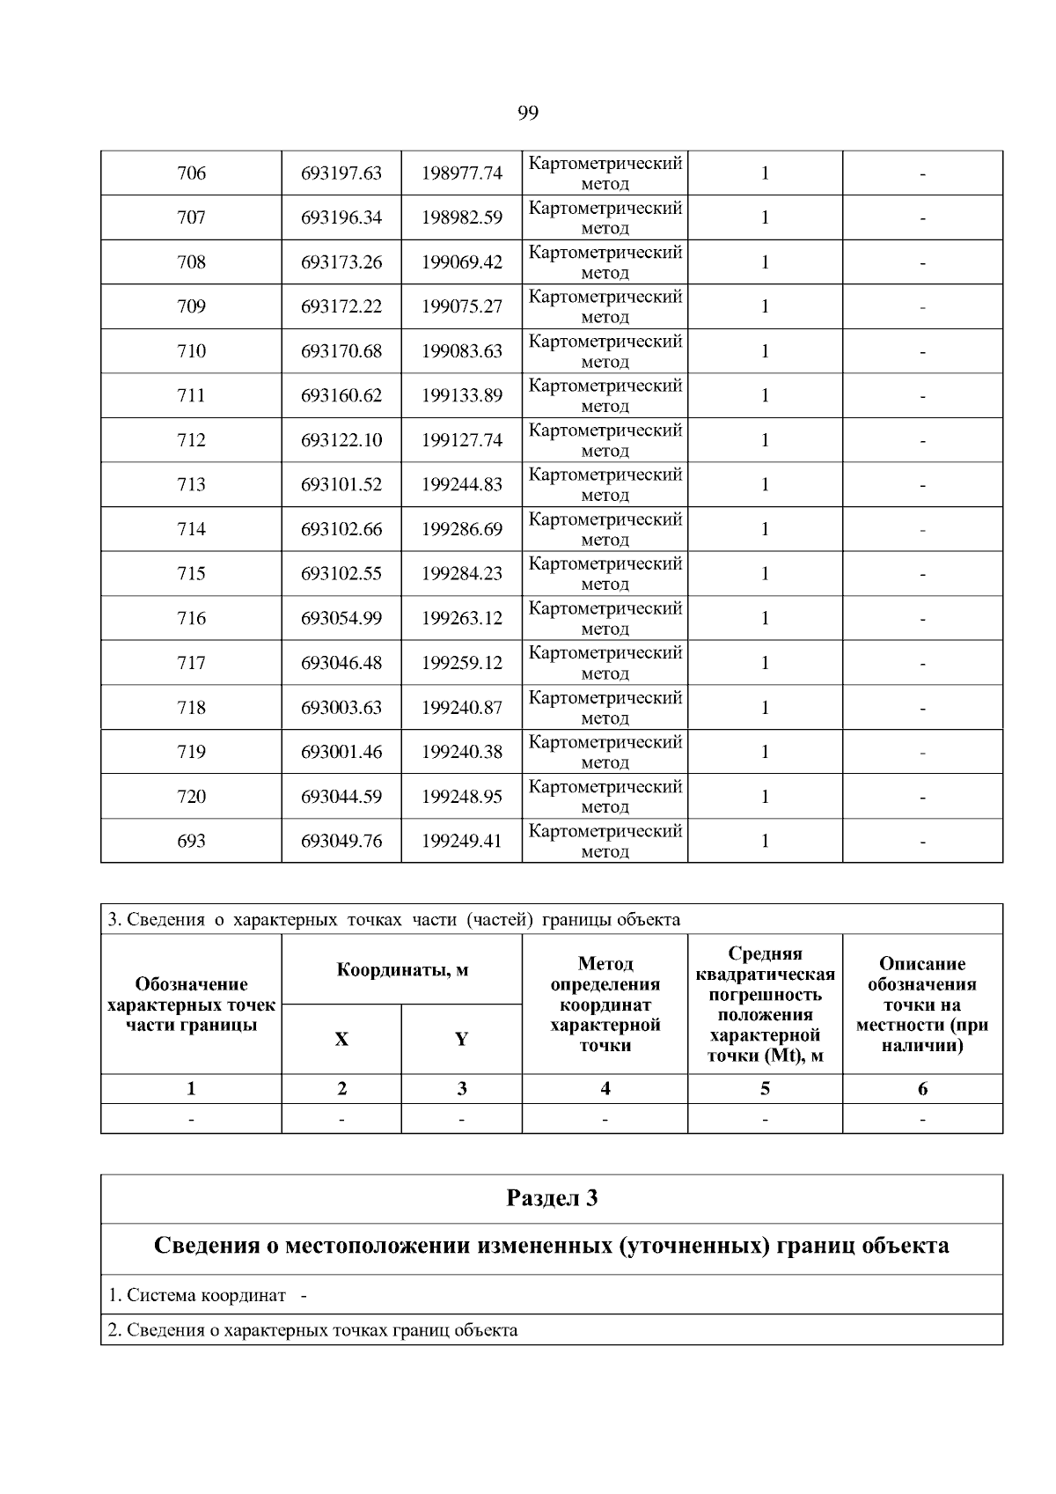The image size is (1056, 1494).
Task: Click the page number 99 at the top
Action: (528, 113)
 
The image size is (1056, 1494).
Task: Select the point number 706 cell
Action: (191, 173)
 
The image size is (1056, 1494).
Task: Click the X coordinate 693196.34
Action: (341, 217)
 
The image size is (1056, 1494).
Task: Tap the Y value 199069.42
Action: (462, 262)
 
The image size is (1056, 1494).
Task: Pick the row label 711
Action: (191, 395)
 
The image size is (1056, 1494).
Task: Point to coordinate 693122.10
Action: (341, 440)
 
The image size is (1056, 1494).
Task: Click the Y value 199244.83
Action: (462, 484)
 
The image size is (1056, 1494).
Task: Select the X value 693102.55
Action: (341, 574)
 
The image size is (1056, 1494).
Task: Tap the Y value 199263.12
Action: (462, 618)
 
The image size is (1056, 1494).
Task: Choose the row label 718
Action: (191, 707)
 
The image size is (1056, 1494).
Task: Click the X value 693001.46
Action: (341, 752)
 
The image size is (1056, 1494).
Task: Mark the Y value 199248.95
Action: (462, 797)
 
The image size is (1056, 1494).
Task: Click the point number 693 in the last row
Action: (191, 841)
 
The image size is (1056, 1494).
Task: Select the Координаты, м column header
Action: (402, 970)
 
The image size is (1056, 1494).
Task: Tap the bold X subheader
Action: (341, 1040)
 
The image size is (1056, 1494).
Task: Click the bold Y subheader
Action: (461, 1040)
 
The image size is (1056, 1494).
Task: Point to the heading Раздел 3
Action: (552, 1198)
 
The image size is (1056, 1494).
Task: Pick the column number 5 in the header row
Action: (765, 1089)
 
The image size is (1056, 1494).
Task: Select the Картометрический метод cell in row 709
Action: (605, 306)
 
